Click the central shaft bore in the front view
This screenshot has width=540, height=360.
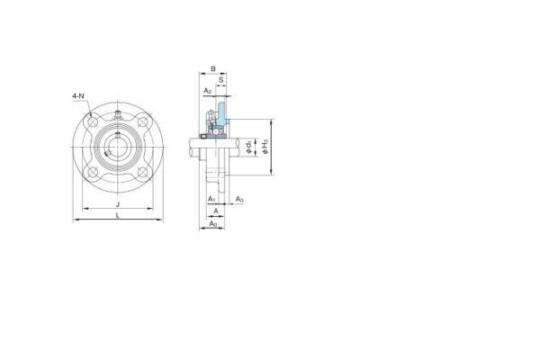(x=119, y=148)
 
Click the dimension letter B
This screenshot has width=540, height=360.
(x=212, y=67)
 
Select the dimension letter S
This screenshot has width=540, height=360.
(x=221, y=79)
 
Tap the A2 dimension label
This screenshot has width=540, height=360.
(x=207, y=91)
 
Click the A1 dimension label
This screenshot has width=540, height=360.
(x=211, y=197)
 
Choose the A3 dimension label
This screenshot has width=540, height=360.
(x=240, y=197)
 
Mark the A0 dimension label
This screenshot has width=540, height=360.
(x=212, y=222)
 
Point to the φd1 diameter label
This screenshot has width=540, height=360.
(x=248, y=144)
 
